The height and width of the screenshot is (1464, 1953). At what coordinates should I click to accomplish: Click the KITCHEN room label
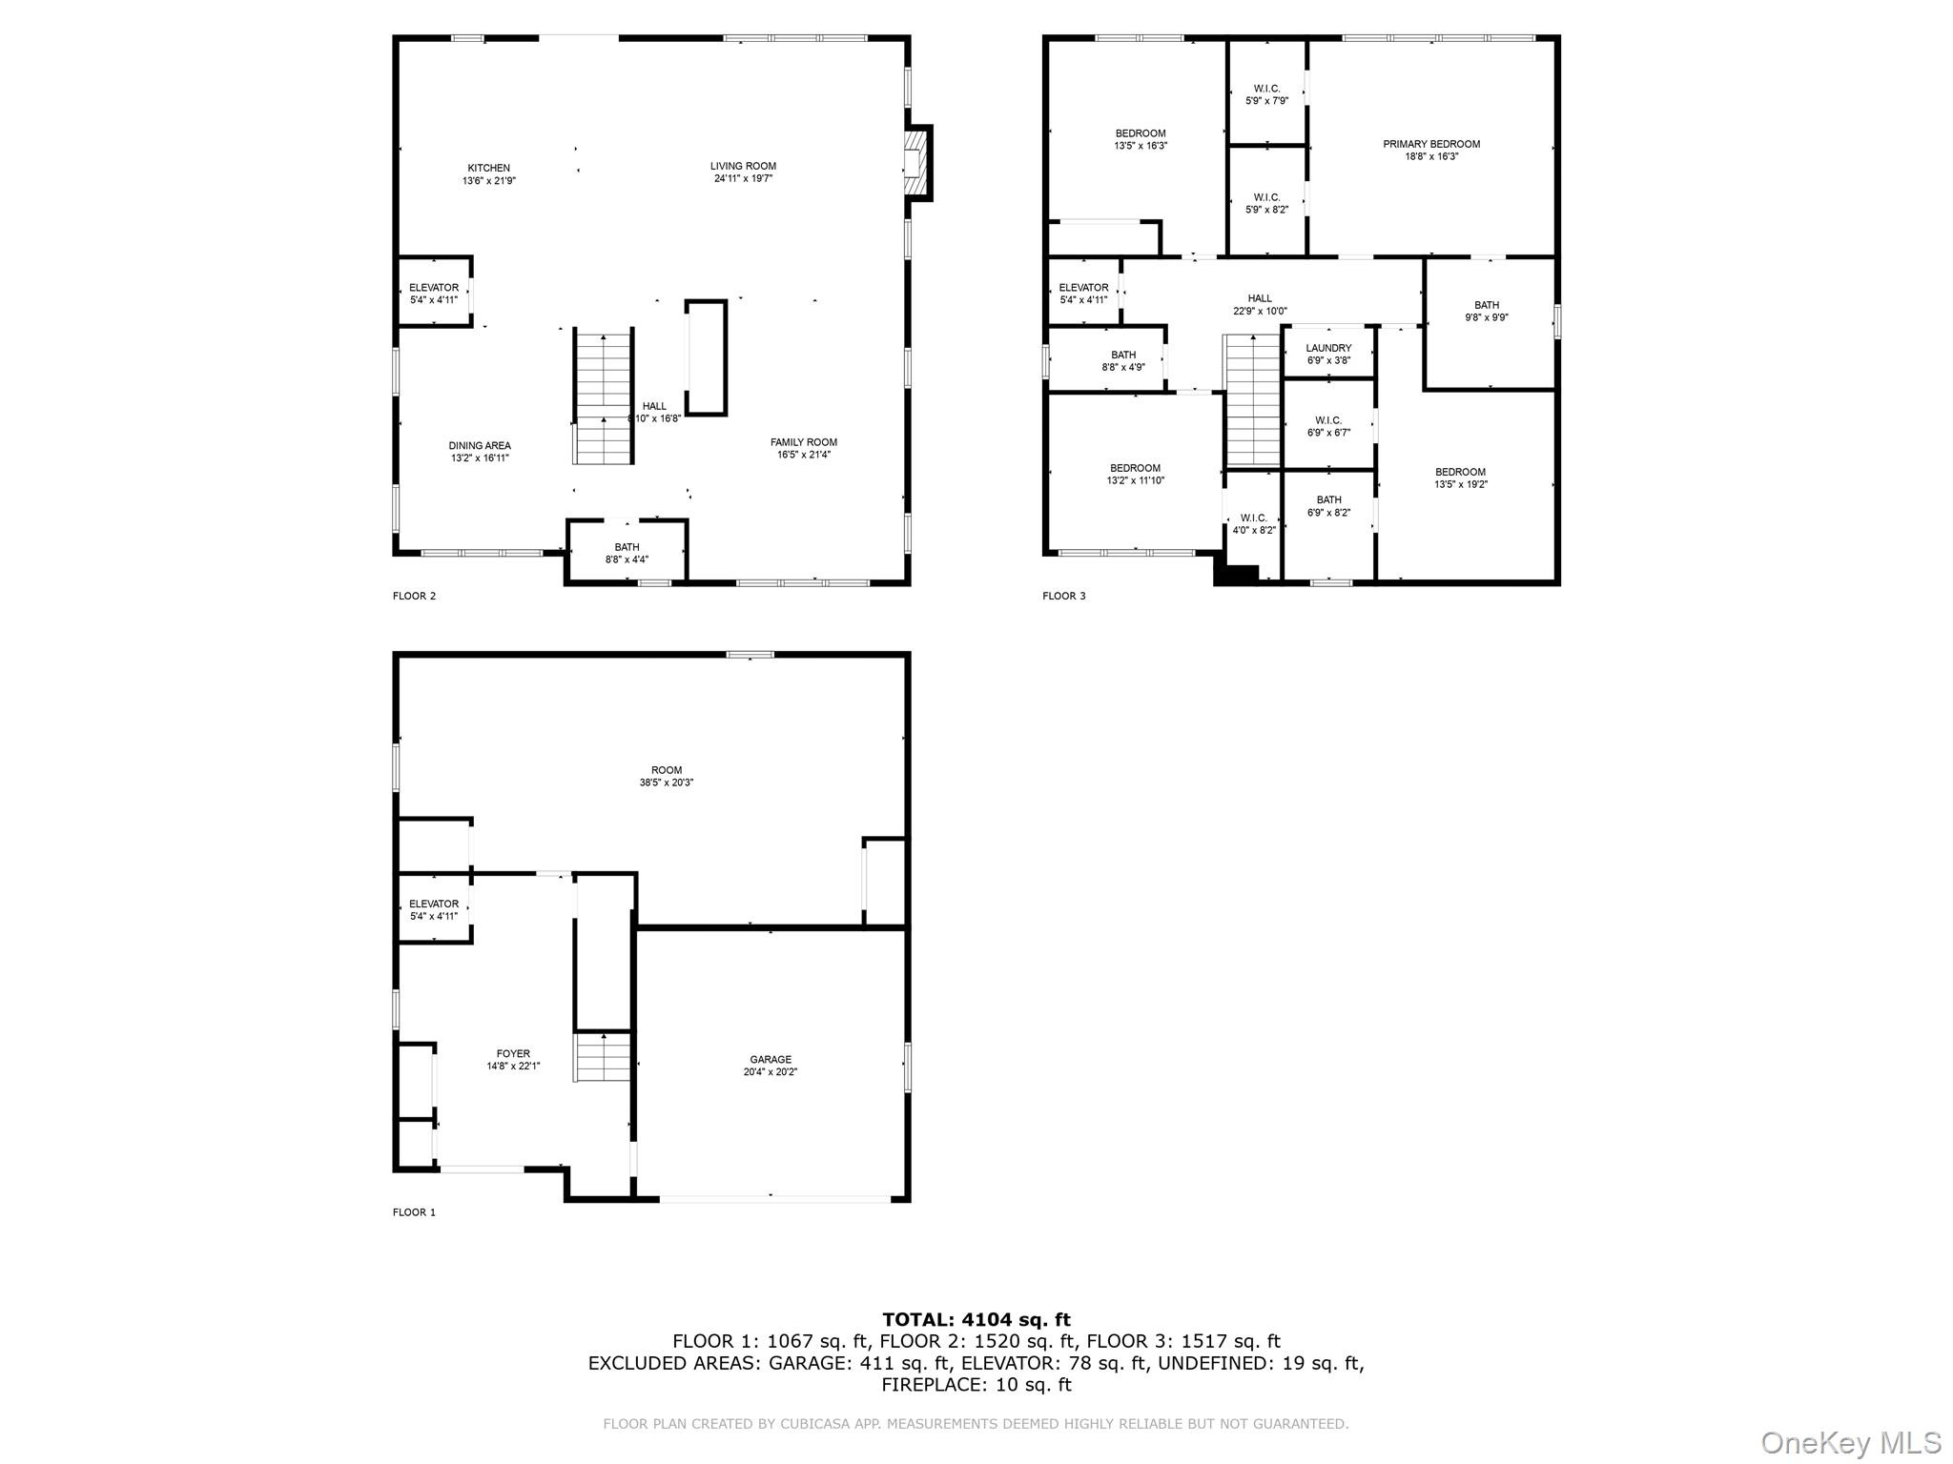488,168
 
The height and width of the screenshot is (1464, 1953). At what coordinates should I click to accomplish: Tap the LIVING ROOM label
743,166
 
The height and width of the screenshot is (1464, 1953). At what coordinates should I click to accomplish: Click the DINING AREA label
480,445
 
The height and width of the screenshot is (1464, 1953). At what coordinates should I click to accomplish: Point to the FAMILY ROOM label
804,442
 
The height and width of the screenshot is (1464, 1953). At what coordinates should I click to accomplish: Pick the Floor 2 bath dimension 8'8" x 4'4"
627,559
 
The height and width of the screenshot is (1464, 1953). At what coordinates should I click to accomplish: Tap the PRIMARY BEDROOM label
1431,144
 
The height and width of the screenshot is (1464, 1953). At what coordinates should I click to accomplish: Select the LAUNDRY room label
1328,348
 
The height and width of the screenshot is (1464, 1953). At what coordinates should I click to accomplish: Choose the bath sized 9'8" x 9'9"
1487,312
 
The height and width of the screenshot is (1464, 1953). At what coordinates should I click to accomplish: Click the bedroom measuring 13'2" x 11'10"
1135,474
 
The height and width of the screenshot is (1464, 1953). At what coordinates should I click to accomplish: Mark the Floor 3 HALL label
1260,298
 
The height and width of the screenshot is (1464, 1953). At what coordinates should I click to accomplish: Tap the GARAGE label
771,1059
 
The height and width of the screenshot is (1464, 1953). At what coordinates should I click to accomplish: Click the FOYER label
513,1053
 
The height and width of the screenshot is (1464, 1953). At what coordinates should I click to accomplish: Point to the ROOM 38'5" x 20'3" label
667,776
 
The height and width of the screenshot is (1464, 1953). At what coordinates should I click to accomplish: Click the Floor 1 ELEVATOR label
434,904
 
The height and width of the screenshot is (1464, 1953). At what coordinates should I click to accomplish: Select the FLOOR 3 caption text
1063,596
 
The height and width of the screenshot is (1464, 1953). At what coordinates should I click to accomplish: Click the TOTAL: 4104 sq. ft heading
976,1320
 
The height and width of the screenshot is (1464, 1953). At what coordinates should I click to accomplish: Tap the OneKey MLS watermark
1851,1442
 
